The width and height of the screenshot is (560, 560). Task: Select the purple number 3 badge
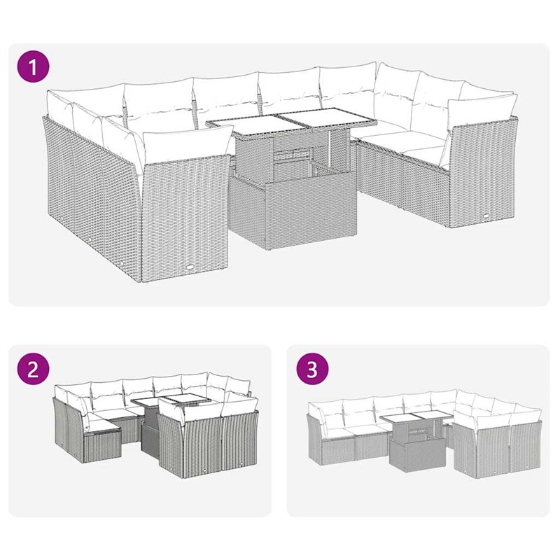click(x=312, y=370)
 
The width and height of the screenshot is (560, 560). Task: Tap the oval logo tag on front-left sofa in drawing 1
click(x=191, y=267)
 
